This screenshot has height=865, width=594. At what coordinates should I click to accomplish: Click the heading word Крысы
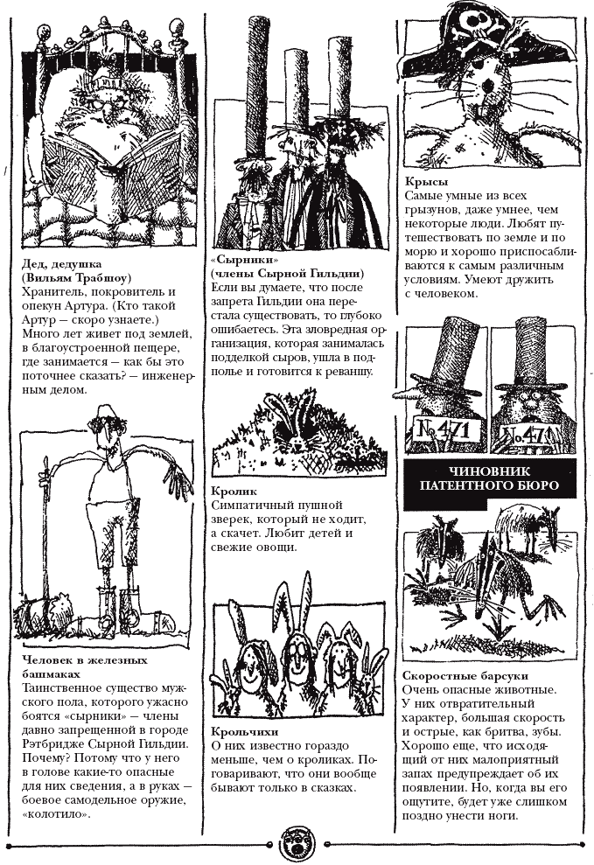pos(423,180)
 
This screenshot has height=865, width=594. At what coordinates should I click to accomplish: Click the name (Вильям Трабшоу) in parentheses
pos(72,276)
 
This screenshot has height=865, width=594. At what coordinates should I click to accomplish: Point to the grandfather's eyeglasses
pos(104,99)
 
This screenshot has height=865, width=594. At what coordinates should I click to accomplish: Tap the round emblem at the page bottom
pos(297,844)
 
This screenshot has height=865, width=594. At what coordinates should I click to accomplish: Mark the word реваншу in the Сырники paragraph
pos(346,372)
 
